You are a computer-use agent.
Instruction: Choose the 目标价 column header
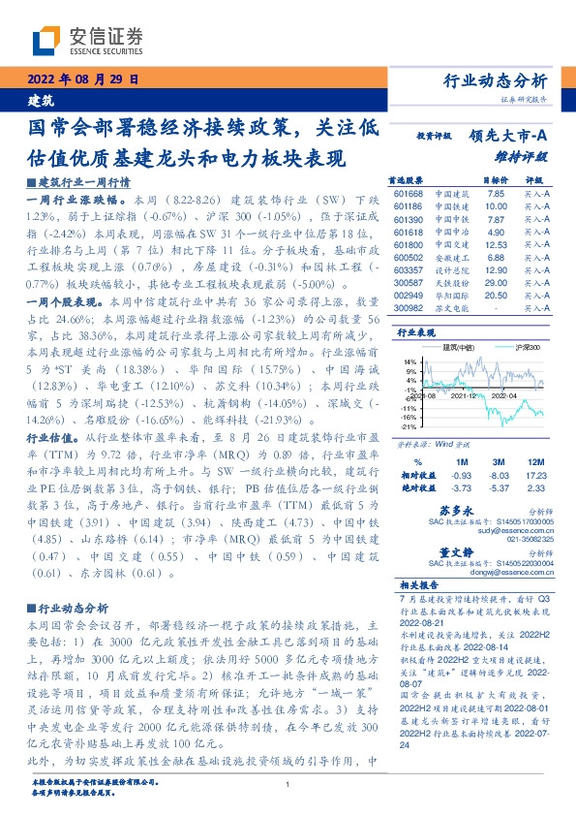(496, 179)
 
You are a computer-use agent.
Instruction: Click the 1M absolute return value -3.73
(461, 487)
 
